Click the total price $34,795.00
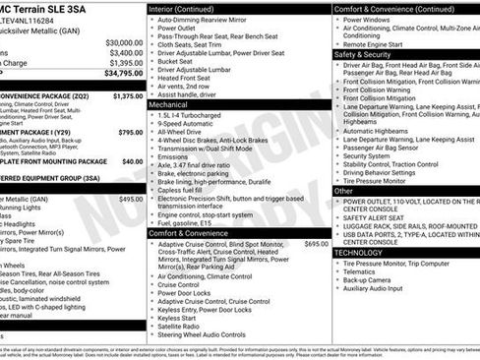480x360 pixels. coord(118,73)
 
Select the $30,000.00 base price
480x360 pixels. coord(123,43)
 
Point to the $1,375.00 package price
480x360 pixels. coord(127,96)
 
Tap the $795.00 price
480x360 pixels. coord(130,132)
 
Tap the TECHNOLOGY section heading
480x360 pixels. coord(358,252)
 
